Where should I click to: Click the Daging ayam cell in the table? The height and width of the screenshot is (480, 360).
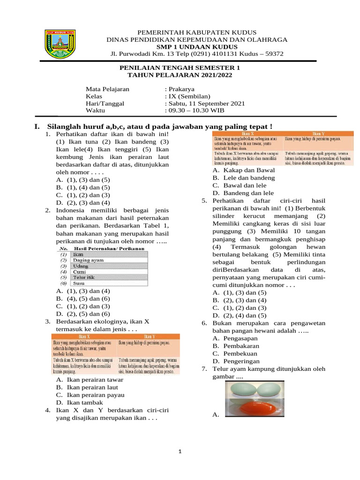click(88, 260)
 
